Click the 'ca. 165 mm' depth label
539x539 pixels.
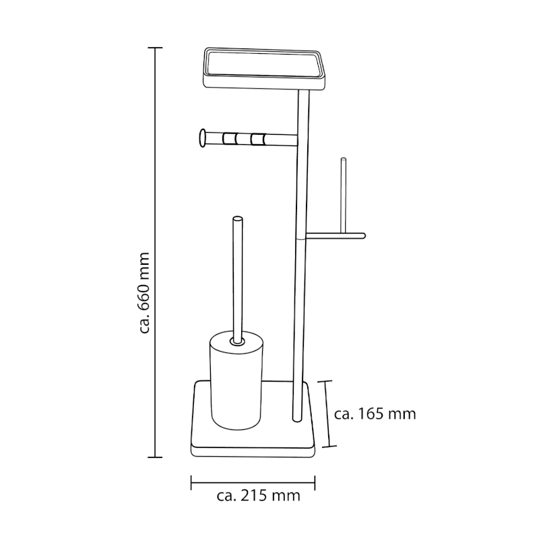[375, 414]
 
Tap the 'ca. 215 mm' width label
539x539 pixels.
[259, 496]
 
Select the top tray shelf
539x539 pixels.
[263, 68]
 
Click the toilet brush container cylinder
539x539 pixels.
[236, 380]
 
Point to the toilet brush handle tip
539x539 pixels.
[238, 218]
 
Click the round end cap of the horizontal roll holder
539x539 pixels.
[203, 138]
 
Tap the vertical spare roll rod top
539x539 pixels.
[343, 160]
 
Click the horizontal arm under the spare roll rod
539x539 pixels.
[336, 236]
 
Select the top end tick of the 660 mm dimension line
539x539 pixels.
[155, 48]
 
